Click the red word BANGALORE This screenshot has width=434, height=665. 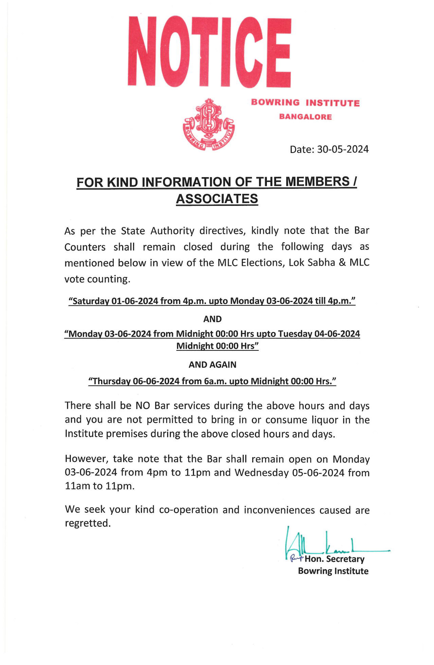point(306,117)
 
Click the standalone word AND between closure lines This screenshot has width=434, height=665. point(212,319)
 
